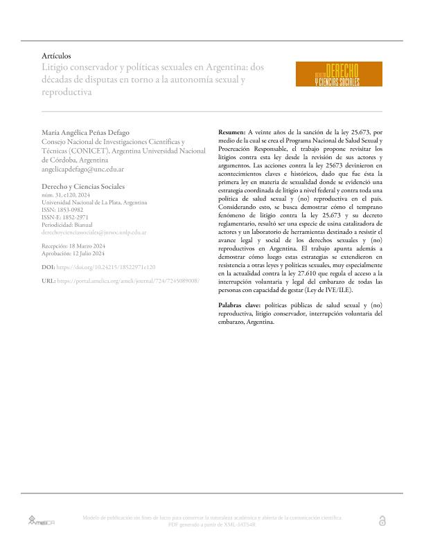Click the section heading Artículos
click(x=56, y=55)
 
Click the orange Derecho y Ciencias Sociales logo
click(x=338, y=75)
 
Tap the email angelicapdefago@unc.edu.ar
click(x=83, y=168)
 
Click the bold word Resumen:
click(x=231, y=131)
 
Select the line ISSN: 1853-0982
click(x=67, y=210)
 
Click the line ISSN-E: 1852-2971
click(x=70, y=217)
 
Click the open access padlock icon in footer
click(x=383, y=520)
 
